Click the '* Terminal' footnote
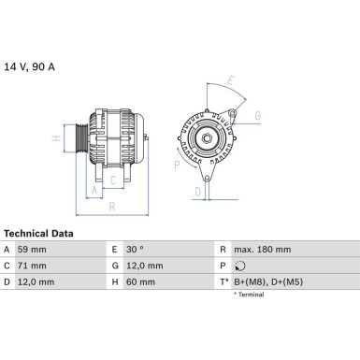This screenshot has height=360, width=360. click(x=249, y=295)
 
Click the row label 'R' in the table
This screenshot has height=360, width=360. click(x=223, y=250)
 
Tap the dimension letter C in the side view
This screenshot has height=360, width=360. click(x=112, y=179)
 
